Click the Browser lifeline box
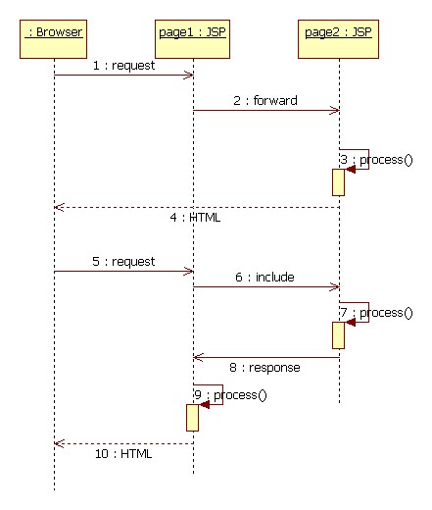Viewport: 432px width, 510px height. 53,39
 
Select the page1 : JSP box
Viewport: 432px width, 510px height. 192,39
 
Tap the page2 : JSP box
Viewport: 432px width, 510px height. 338,39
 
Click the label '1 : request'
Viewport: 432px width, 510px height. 123,66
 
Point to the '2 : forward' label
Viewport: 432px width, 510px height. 265,100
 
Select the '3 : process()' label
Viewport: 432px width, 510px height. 376,160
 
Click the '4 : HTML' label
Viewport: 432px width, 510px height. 195,218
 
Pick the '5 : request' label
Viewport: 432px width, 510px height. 123,262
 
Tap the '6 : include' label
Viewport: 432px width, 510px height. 264,278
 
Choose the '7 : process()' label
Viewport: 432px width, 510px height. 376,313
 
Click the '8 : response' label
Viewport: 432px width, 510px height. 264,368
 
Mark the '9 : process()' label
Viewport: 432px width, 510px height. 230,395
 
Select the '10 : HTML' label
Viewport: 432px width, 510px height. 123,454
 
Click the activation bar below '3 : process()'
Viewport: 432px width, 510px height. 338,182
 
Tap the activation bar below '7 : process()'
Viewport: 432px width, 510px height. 338,335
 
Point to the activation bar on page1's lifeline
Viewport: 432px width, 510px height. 192,418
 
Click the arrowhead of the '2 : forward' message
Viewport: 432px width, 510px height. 335,111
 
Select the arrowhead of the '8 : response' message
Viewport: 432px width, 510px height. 198,357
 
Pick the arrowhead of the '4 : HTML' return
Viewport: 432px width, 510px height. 59,207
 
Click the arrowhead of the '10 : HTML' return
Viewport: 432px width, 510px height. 59,443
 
